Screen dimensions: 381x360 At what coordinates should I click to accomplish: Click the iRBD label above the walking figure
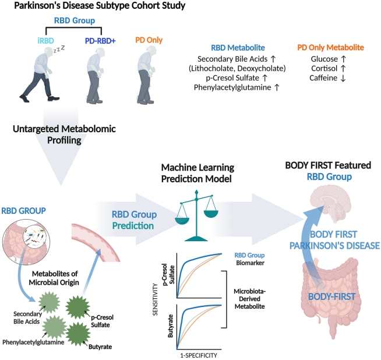(x=45, y=41)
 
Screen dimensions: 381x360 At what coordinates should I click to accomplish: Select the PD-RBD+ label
(x=100, y=41)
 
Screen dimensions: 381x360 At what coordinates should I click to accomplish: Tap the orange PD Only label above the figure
(x=149, y=40)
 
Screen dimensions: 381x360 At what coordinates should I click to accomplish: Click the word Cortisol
(x=324, y=68)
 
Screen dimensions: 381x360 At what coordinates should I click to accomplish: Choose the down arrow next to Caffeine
(x=343, y=78)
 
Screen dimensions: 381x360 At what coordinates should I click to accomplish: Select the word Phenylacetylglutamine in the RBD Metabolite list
(x=232, y=87)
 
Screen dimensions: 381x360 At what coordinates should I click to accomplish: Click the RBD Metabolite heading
(x=238, y=48)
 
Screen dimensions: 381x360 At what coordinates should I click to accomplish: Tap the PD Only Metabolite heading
(x=330, y=47)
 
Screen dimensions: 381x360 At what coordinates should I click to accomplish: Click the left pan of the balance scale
(x=182, y=221)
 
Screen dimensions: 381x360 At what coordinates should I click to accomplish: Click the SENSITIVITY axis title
(x=155, y=299)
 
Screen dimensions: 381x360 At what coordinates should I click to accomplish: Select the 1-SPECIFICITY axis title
(x=199, y=355)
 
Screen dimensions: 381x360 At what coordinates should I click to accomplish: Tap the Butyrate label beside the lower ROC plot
(x=170, y=326)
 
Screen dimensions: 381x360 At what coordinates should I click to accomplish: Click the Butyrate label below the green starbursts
(x=100, y=347)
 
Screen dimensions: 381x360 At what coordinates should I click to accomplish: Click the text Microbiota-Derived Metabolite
(x=249, y=299)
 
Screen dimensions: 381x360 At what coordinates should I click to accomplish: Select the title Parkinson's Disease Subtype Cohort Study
(x=100, y=6)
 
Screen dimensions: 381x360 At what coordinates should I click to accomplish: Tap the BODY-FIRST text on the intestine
(x=331, y=297)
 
